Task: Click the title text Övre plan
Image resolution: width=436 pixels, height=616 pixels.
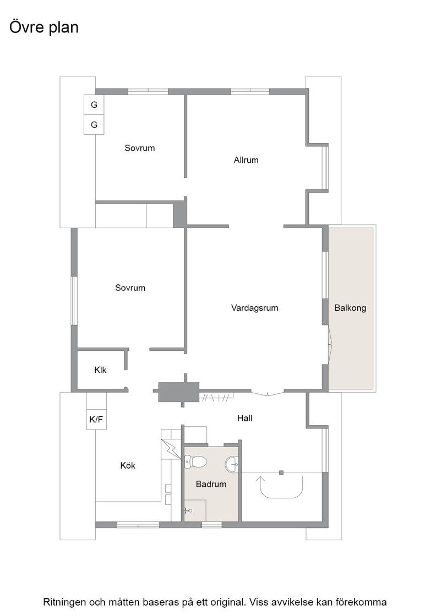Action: tap(44, 28)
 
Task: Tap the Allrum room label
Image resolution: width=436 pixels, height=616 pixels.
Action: tap(246, 160)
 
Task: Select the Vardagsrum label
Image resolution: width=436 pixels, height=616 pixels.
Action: tap(255, 307)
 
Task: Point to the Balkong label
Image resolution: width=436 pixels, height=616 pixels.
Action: tap(350, 307)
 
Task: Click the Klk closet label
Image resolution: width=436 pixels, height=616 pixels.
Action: tap(100, 370)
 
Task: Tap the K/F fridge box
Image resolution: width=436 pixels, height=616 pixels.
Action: tap(96, 419)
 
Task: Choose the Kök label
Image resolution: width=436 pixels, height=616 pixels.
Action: tap(128, 465)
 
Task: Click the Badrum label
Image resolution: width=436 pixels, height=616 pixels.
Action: tap(211, 484)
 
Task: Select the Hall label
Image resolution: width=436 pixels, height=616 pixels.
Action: tap(244, 418)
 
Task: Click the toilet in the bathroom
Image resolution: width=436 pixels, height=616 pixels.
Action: tap(195, 461)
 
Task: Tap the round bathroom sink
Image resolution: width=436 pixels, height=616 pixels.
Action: tap(232, 464)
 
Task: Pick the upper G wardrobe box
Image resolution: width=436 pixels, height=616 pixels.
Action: tap(94, 105)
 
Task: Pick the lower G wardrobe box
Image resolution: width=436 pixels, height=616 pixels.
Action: tap(94, 124)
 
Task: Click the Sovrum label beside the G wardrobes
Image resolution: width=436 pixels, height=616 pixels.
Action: tap(140, 148)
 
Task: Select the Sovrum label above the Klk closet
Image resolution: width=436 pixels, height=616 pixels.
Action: tap(130, 288)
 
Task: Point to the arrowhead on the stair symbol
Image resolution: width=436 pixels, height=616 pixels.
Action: tap(260, 479)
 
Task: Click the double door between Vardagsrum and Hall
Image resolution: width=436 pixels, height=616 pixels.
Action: tap(268, 393)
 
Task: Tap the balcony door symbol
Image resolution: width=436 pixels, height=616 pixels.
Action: tap(330, 344)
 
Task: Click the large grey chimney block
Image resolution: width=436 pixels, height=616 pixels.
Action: tap(178, 392)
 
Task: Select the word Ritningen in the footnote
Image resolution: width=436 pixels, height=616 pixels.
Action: tap(64, 602)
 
